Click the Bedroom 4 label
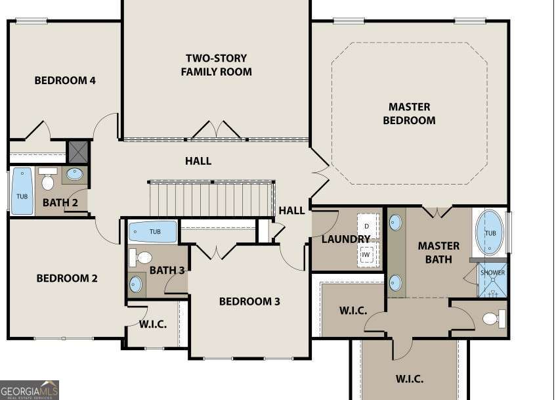coord(65,80)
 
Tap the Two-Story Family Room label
coord(216,64)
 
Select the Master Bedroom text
coord(409,113)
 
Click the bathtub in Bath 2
coord(22,191)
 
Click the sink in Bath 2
coord(75,174)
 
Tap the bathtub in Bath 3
coord(153,232)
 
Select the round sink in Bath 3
coord(136,284)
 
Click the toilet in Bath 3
coord(142,257)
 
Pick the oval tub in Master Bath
coord(490,232)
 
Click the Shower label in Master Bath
coord(492,273)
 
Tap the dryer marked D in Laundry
coord(368,226)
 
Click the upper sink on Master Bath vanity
coord(395,222)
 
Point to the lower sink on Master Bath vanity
coord(395,282)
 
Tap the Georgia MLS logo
coord(30,389)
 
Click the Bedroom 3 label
coord(249,301)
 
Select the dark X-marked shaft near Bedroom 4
coord(78,151)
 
